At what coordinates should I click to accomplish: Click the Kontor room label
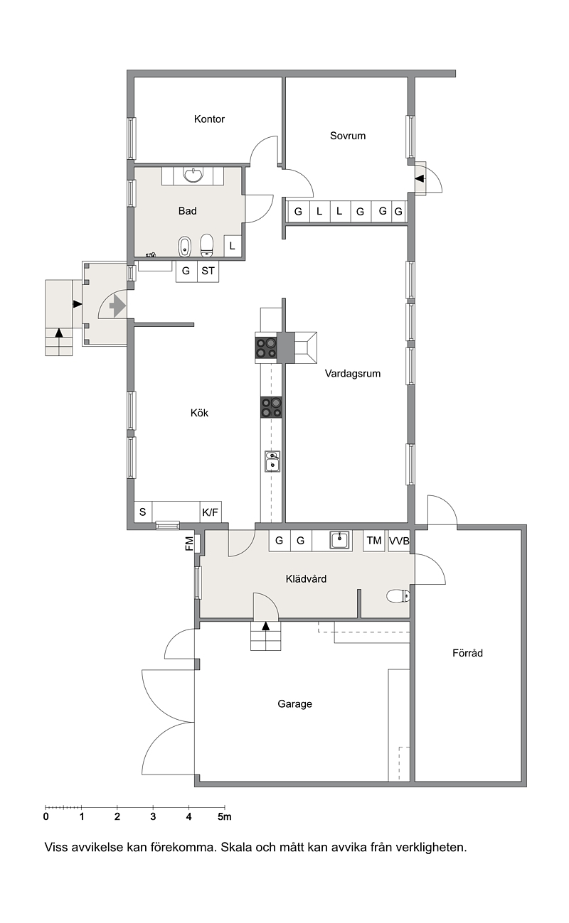pos(209,119)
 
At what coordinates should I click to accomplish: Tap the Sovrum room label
pos(348,136)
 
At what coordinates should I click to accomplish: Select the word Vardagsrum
pos(353,373)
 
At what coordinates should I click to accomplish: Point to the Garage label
pos(294,703)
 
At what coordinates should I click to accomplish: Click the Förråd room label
pos(467,653)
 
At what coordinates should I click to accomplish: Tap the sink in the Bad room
pos(193,175)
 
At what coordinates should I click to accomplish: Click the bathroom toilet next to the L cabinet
pos(206,246)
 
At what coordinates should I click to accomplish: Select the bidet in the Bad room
pos(184,247)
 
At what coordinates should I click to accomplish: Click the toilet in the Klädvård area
pos(398,596)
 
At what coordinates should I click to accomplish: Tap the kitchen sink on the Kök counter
pos(272,461)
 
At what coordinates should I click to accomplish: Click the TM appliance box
pos(374,540)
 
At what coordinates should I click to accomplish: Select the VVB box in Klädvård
pos(399,541)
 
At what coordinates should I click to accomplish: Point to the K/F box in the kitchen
pos(211,512)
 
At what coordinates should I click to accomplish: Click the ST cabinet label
pos(208,271)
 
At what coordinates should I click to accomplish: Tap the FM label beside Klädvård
pos(189,544)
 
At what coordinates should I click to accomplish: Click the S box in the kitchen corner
pos(143,512)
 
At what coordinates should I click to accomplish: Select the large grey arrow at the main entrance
pos(117,306)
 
